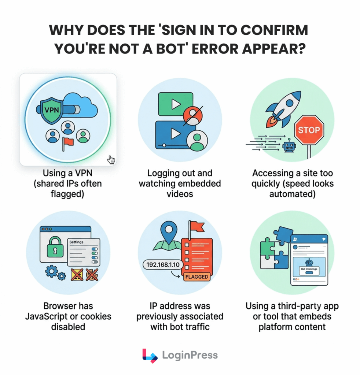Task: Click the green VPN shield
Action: (x=52, y=111)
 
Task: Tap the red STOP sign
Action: (x=309, y=130)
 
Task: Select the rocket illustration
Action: (x=283, y=109)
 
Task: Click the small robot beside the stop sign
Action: (x=289, y=145)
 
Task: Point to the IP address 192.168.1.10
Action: (x=163, y=265)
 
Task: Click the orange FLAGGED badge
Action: (x=197, y=277)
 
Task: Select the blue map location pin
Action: (x=169, y=230)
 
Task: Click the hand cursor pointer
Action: (x=111, y=160)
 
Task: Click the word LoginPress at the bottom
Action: (x=190, y=355)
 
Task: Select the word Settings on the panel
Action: (x=76, y=242)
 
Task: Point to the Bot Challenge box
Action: (x=309, y=270)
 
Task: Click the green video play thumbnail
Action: (x=176, y=104)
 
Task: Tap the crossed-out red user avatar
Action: (x=193, y=116)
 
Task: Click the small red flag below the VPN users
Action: (x=67, y=144)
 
